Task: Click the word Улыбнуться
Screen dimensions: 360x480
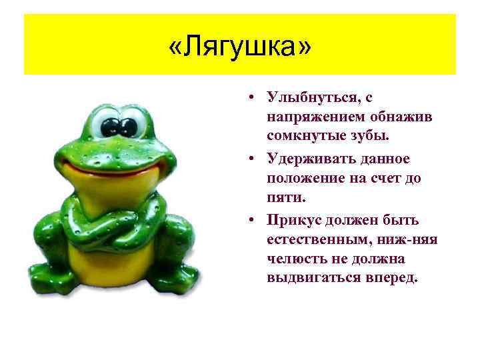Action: coord(310,98)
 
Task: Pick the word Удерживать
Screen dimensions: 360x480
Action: coord(310,159)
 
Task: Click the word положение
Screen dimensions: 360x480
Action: coord(307,178)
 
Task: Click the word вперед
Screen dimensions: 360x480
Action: coord(390,277)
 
